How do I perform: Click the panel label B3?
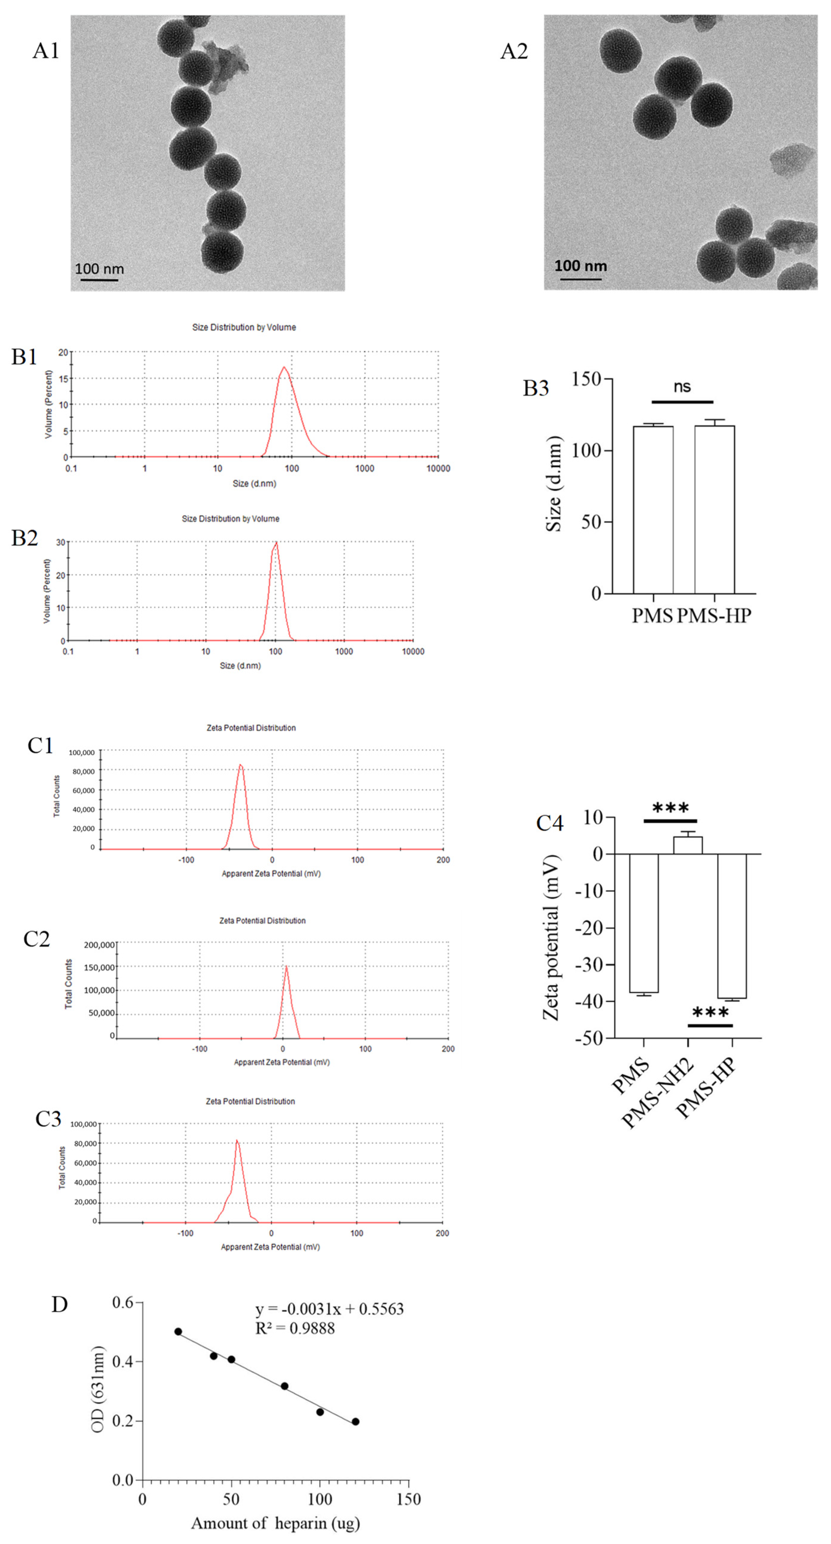[535, 388]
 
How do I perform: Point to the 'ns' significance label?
[682, 386]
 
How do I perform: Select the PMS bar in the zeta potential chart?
[643, 923]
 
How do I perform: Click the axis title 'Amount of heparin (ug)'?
[275, 1523]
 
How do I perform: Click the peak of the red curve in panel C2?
[287, 966]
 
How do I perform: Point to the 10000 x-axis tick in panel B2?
[413, 651]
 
